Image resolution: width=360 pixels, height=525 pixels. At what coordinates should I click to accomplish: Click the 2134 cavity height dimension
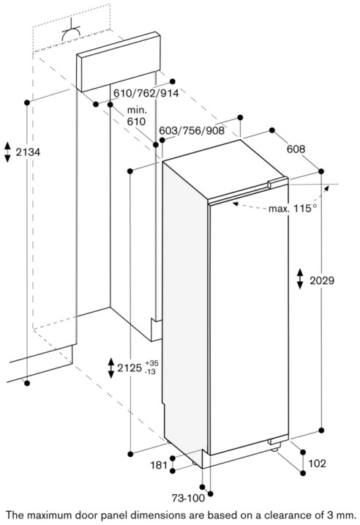[x=28, y=152]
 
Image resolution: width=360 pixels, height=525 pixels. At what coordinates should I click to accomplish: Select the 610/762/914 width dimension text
[x=146, y=93]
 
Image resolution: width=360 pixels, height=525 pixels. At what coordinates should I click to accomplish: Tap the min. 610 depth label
[x=137, y=116]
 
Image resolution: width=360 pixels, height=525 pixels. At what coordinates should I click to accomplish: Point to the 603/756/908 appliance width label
[x=192, y=130]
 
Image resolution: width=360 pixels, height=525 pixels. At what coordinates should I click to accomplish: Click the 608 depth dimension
[x=296, y=149]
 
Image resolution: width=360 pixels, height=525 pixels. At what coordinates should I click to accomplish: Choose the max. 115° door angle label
[x=293, y=209]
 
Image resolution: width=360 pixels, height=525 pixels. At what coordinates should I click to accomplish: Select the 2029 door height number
[x=322, y=280]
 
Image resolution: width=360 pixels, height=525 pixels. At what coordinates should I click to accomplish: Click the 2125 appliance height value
[x=130, y=368]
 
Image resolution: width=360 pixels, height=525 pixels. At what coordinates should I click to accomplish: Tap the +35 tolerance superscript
[x=152, y=363]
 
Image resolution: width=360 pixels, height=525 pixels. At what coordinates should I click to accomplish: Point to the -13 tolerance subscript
[x=151, y=372]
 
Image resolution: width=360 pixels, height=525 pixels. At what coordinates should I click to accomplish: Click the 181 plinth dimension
[x=159, y=465]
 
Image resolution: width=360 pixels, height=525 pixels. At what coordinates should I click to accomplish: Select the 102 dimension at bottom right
[x=317, y=463]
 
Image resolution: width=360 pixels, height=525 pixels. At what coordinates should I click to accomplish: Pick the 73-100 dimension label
[x=188, y=498]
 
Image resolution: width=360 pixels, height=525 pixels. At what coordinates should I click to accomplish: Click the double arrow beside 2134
[x=7, y=152]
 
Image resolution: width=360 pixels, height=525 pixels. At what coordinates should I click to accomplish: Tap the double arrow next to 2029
[x=300, y=278]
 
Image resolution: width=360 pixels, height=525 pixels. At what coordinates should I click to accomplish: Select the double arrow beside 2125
[x=111, y=368]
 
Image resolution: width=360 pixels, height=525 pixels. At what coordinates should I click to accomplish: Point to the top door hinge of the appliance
[x=278, y=183]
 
